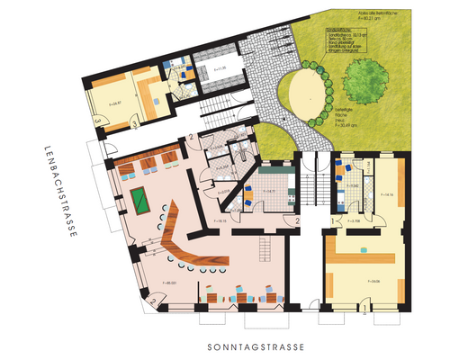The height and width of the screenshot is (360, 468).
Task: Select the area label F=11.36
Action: click(x=218, y=68)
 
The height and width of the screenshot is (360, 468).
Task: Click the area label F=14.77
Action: click(x=269, y=192)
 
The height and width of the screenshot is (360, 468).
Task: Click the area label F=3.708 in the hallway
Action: click(x=355, y=220)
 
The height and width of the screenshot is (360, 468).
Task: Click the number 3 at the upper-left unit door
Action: click(x=133, y=120)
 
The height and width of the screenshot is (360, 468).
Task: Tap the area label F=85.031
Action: click(x=167, y=284)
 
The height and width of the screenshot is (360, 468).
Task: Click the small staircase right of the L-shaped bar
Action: click(x=265, y=245)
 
